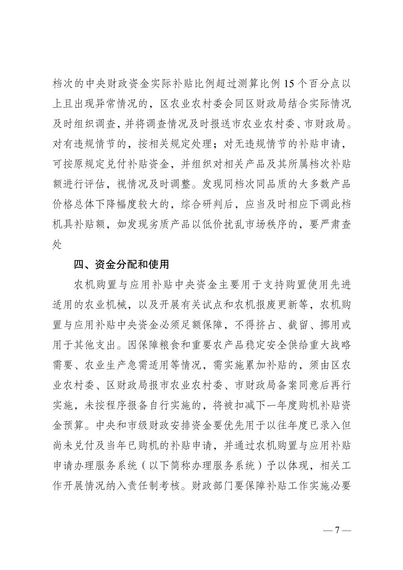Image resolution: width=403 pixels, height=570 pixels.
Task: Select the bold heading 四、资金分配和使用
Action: pos(122,264)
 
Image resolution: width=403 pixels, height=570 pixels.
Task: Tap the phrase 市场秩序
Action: pos(269,225)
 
